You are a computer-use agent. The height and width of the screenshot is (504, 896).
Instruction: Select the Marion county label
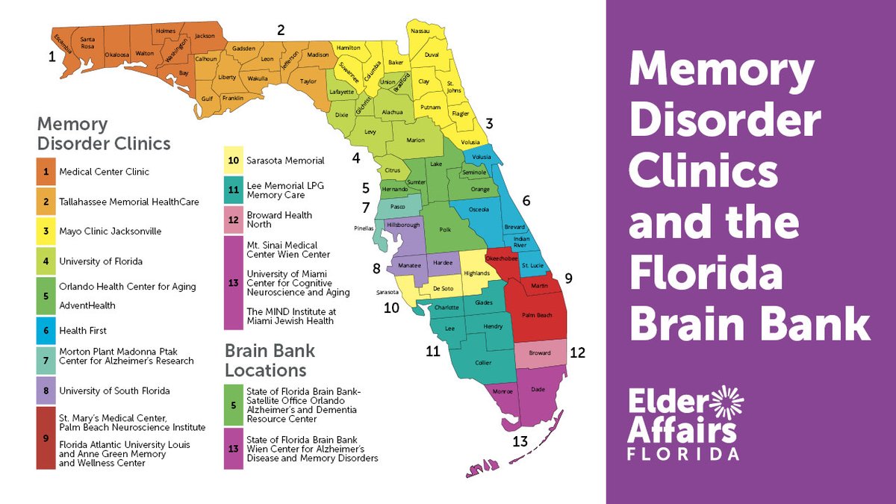[x=415, y=140]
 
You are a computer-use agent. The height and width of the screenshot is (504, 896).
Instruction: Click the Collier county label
[x=483, y=363]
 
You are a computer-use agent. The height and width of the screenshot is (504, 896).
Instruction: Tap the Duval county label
[x=432, y=55]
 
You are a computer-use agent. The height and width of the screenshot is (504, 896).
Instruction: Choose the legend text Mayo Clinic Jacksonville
[x=110, y=231]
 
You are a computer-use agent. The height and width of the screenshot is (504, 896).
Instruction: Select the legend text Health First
[x=83, y=331]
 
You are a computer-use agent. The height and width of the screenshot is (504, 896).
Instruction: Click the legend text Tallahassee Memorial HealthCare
[x=129, y=202]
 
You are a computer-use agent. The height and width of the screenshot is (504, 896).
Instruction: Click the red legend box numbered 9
[x=46, y=438]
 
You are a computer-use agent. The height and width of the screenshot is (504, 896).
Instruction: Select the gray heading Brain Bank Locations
[x=270, y=360]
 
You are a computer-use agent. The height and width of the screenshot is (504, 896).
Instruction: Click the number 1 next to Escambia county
[x=52, y=56]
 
